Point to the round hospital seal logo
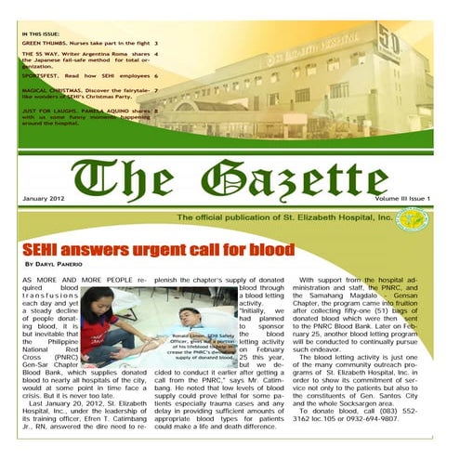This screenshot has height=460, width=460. (411, 219)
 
